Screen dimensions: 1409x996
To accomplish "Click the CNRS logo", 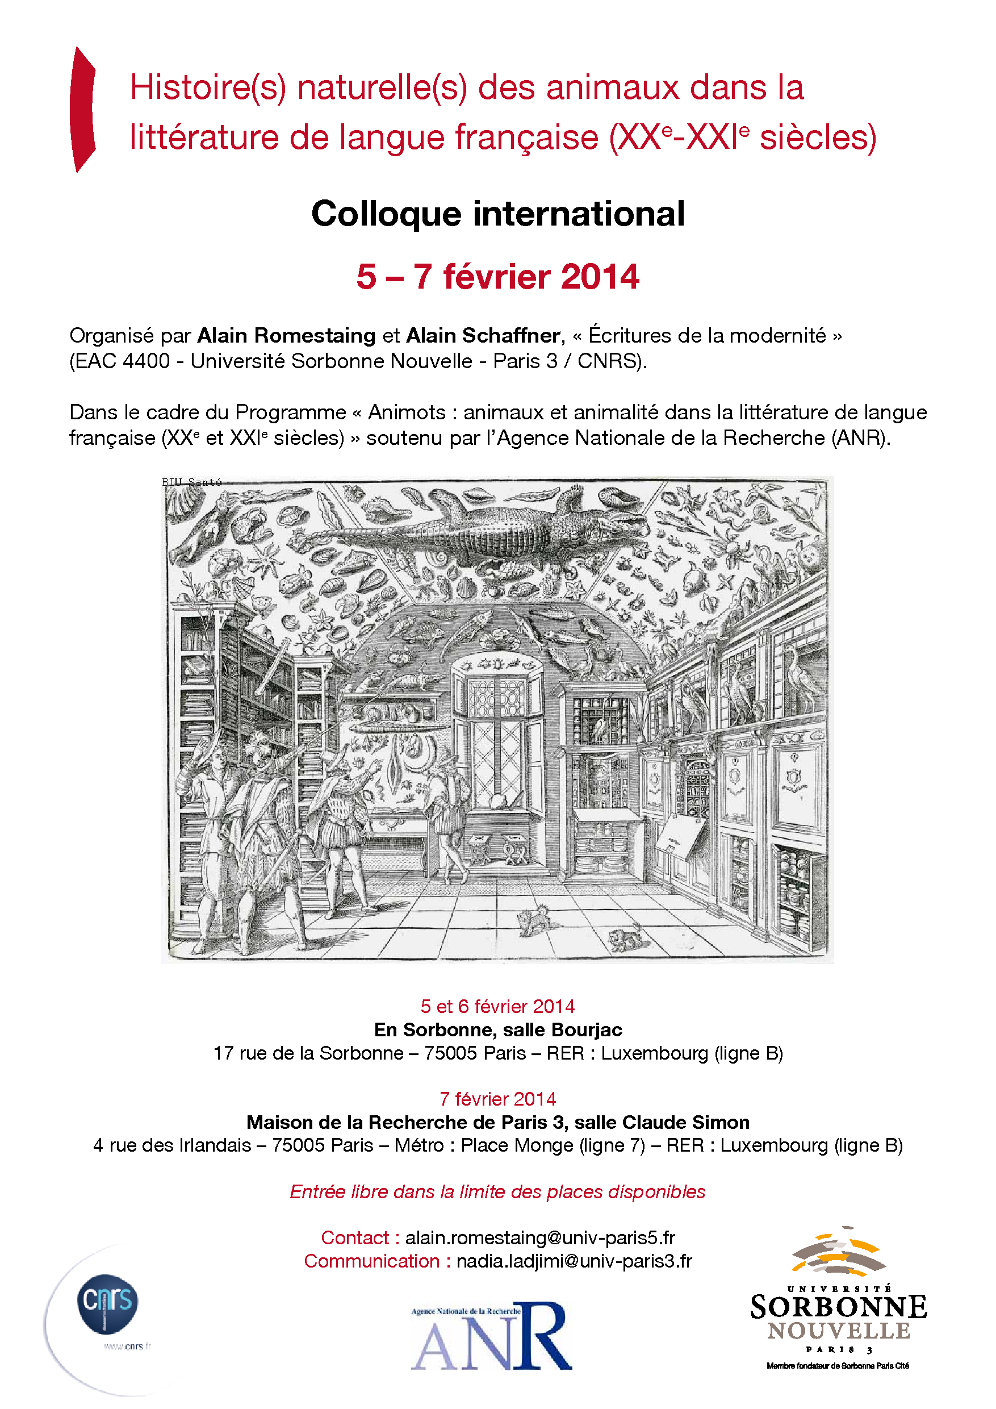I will click(x=108, y=1303).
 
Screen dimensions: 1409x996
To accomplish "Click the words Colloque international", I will click(x=497, y=214).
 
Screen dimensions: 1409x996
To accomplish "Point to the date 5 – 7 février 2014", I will click(x=497, y=277).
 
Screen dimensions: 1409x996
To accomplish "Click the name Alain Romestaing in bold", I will click(x=286, y=336).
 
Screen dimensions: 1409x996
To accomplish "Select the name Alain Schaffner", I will click(x=483, y=336).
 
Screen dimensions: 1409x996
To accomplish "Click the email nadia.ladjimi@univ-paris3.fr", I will click(x=574, y=1261).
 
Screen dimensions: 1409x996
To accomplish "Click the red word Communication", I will click(x=372, y=1261).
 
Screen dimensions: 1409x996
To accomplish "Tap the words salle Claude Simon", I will click(x=662, y=1123).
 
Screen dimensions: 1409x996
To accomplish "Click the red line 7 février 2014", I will click(x=497, y=1099).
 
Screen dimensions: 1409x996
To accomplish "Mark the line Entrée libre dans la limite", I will click(x=497, y=1192).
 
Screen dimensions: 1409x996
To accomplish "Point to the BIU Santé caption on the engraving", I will click(x=191, y=482).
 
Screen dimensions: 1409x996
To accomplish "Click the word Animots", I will click(x=407, y=412).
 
